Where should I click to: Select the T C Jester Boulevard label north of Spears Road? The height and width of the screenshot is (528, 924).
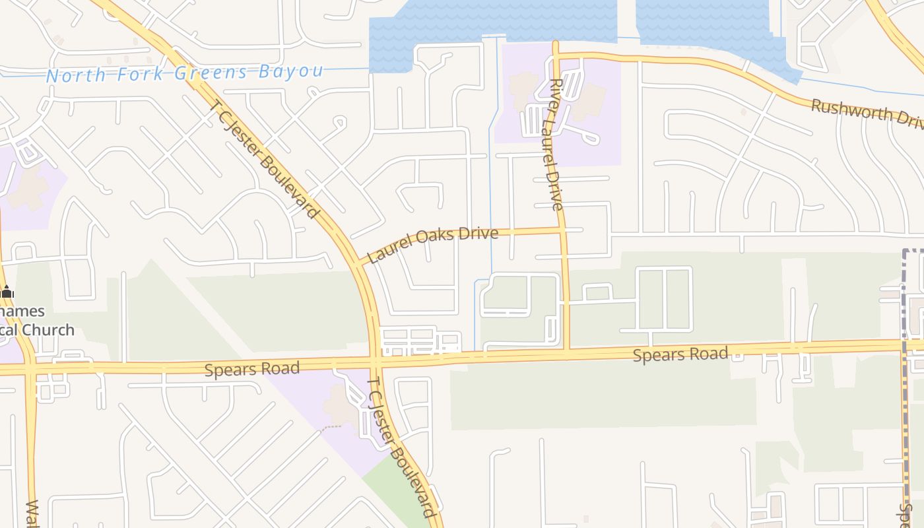[x=265, y=159]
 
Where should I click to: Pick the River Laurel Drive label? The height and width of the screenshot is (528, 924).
[x=556, y=145]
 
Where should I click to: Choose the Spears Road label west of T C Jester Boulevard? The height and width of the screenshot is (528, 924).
[x=252, y=368]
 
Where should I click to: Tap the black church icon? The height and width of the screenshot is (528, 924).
[x=7, y=292]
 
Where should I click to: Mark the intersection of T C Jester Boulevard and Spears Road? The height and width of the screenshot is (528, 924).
[x=376, y=362]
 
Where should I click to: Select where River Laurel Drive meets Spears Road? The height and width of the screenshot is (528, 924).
[x=566, y=354]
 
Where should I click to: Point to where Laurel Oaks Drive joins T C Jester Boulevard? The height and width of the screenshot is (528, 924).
[x=358, y=262]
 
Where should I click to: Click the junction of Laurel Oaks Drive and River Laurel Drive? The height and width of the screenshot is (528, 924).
[x=562, y=230]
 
